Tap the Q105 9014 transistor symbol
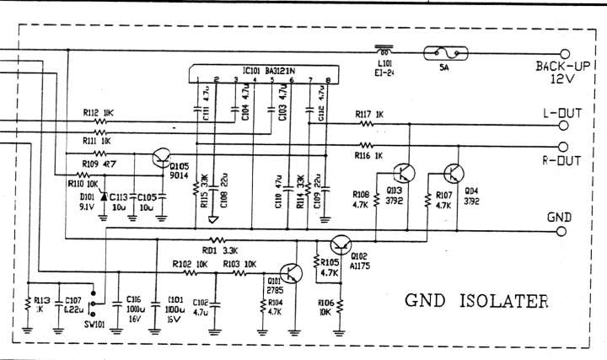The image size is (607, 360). click(160, 158)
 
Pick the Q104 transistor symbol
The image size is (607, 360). click(453, 175)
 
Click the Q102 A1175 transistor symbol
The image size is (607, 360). click(340, 245)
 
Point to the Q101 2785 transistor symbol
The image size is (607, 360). click(292, 273)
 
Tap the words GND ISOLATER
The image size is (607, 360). click(476, 299)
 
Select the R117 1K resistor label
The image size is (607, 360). click(368, 113)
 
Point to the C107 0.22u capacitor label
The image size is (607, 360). click(73, 304)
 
